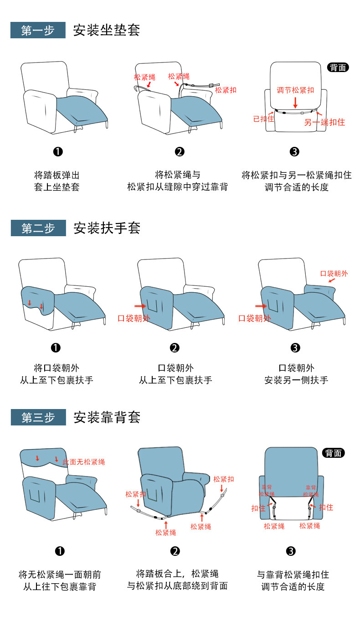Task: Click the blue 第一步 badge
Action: (38, 31)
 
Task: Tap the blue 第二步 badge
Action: (38, 228)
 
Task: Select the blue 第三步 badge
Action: (38, 417)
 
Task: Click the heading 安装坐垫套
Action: (106, 30)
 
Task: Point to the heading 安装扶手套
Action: (107, 228)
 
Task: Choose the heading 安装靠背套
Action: (107, 417)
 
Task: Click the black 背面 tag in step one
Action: (338, 67)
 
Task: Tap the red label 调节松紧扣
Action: (295, 90)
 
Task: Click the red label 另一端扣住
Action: (324, 122)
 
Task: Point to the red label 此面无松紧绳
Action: (83, 462)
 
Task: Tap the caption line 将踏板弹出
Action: (57, 175)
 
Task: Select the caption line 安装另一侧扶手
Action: (296, 380)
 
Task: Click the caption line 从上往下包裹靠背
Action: (59, 586)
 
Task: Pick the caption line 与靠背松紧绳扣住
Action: (293, 575)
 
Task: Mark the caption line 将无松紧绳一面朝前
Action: (59, 575)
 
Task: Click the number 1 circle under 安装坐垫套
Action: (58, 152)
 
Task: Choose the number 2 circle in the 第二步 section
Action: (175, 348)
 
